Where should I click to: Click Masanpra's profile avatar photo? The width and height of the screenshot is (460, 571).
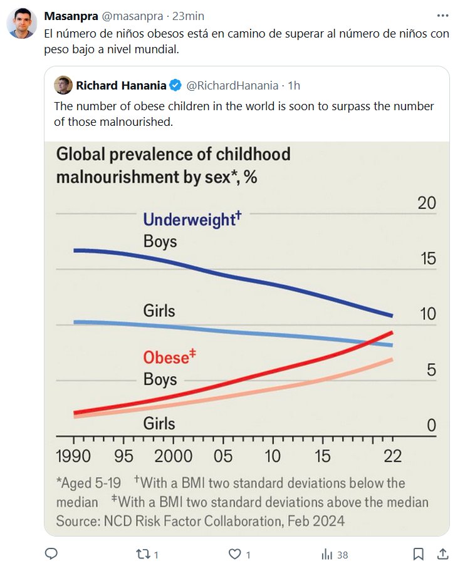tap(21, 24)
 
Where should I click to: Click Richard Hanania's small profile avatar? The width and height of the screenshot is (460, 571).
tap(63, 85)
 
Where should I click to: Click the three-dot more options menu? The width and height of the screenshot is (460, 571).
tap(443, 15)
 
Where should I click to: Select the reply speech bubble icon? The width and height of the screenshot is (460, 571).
tap(52, 553)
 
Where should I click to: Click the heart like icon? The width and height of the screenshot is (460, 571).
tap(235, 554)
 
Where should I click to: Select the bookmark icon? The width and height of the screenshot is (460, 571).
tap(419, 554)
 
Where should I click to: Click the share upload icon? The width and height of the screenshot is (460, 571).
tap(442, 553)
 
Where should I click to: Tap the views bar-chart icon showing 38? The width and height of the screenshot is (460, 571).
tap(327, 554)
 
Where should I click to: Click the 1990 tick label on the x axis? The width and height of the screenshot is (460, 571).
tap(74, 455)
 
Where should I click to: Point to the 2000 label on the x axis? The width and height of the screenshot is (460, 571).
tap(174, 455)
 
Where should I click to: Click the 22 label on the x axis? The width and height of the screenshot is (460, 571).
tap(393, 455)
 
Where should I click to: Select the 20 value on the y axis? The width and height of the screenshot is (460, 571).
tap(427, 203)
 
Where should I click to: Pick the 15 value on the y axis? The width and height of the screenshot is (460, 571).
tap(427, 258)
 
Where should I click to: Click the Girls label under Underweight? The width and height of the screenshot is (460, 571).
tap(159, 311)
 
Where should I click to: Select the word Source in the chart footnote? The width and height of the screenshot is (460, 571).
tap(77, 521)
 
